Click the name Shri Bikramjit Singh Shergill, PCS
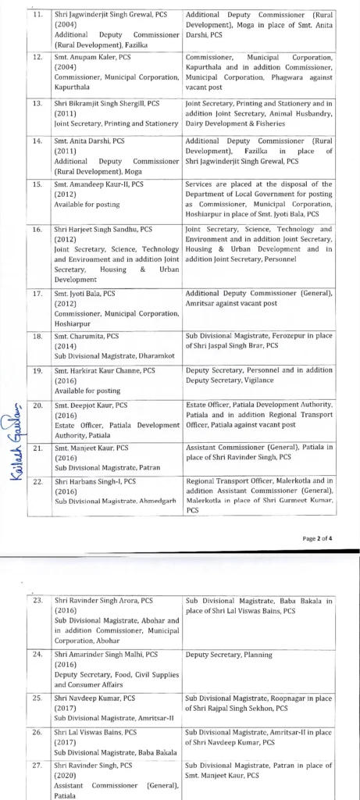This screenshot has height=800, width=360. point(105,102)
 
